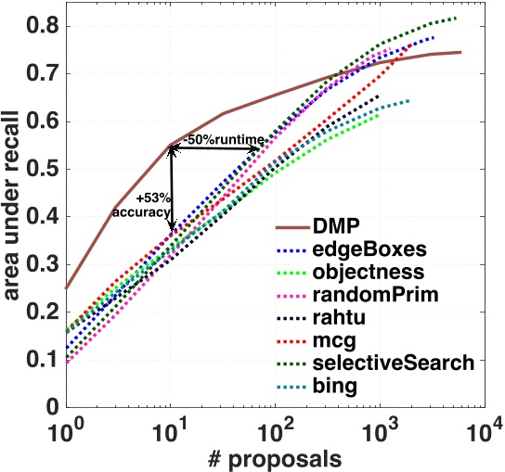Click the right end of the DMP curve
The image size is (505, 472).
460,53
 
